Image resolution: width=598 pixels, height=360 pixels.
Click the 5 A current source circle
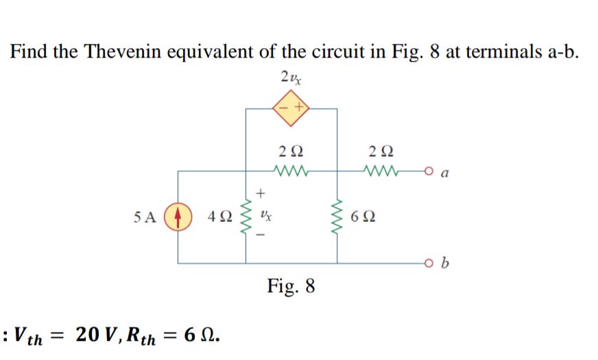click(178, 217)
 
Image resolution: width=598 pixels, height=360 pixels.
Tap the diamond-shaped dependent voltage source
click(291, 108)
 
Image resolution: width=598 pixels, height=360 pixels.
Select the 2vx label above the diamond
click(290, 77)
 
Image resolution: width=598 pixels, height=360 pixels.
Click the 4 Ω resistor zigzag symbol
click(246, 217)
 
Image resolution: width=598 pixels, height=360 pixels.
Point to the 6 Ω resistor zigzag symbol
click(337, 217)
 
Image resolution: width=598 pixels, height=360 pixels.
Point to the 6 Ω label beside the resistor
click(363, 218)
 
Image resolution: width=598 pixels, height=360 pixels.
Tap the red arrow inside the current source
click(178, 217)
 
